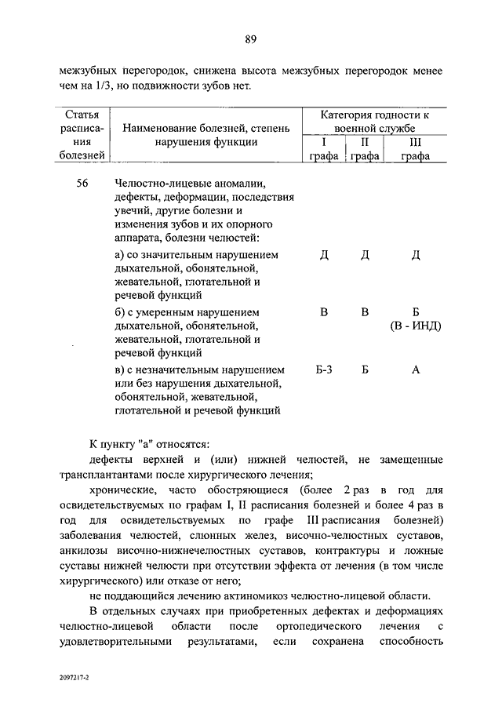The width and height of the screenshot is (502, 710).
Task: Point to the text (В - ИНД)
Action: click(x=416, y=326)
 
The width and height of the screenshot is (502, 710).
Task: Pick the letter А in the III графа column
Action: click(x=416, y=370)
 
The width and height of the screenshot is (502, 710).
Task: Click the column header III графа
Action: click(x=416, y=149)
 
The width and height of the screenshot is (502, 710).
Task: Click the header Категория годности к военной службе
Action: click(x=369, y=122)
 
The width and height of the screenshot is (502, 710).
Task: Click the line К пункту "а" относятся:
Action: click(x=149, y=446)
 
